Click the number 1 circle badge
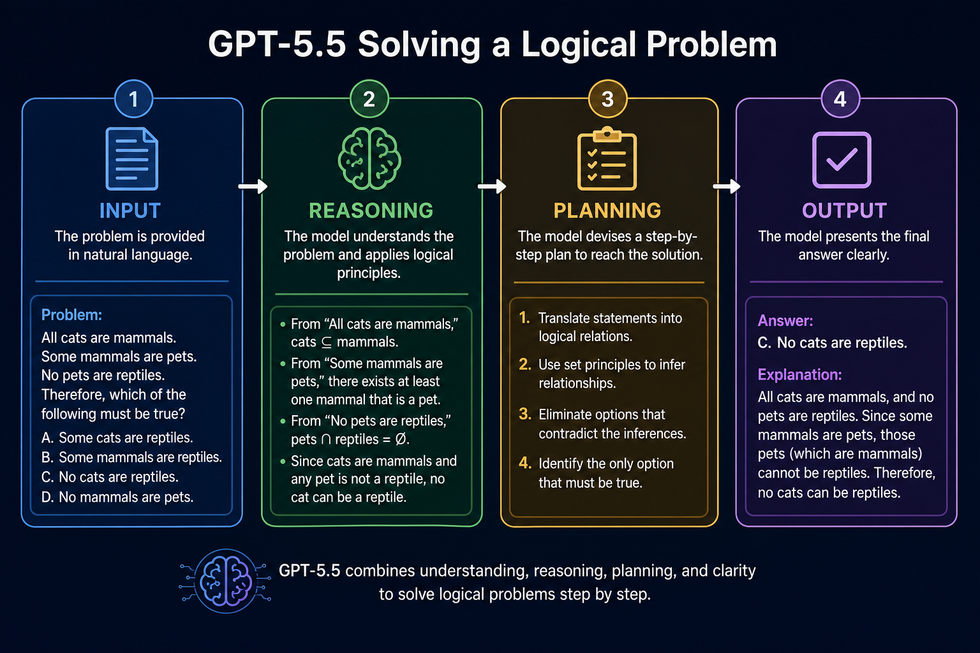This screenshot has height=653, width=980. (133, 99)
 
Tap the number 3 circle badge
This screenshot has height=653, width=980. (607, 99)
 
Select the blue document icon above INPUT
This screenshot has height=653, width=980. (131, 159)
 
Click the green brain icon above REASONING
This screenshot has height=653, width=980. (369, 158)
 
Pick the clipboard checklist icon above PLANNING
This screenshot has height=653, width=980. (607, 158)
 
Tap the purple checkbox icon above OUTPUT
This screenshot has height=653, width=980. (842, 160)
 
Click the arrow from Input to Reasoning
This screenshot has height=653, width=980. (253, 186)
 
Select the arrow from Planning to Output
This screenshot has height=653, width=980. (727, 186)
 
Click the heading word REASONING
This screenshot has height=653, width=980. (371, 210)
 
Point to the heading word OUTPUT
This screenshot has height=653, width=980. (844, 210)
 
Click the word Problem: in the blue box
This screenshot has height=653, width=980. (71, 315)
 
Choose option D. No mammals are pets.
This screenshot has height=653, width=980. (117, 497)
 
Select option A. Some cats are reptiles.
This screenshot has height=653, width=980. (117, 437)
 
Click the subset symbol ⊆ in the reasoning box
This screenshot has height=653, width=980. (327, 342)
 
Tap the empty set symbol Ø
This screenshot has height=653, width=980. (401, 439)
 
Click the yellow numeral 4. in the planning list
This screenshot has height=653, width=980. (525, 463)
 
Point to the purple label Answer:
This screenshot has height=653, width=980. (785, 321)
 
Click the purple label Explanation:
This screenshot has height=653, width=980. (799, 375)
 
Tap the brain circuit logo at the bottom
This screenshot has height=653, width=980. (225, 581)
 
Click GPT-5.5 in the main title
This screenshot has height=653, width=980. (277, 44)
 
